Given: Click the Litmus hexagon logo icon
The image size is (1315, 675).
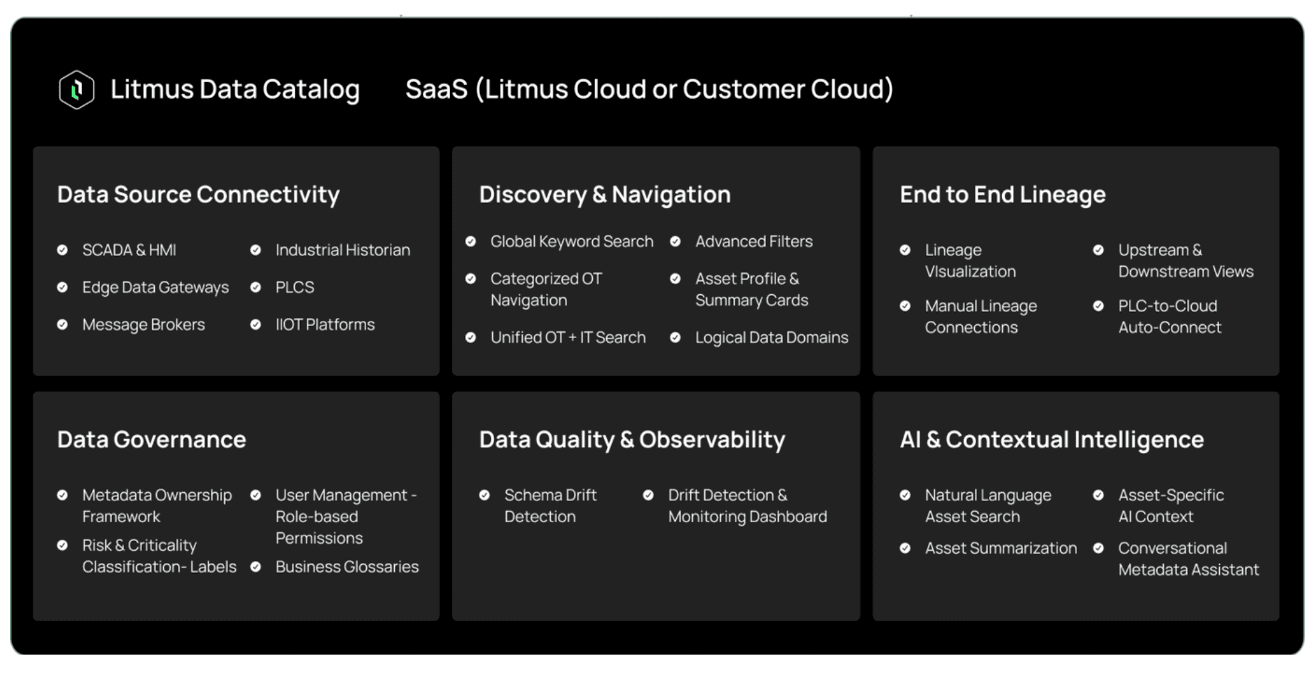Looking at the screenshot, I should [x=77, y=89].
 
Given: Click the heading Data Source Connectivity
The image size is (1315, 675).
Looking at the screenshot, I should [x=198, y=194].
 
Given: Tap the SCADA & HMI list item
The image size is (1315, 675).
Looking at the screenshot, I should [x=129, y=250].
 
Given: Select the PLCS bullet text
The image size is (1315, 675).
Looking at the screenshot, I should [x=294, y=287].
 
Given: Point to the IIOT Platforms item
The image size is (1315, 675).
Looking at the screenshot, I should [x=325, y=325].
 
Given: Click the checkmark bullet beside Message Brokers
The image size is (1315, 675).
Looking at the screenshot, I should [x=63, y=325].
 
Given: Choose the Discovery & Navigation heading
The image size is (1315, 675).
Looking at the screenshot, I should [x=604, y=194].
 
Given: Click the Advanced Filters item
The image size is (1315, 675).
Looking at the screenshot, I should [x=754, y=241].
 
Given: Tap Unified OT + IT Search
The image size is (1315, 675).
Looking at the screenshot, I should [x=567, y=337].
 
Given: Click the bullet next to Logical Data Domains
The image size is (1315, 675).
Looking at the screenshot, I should [x=676, y=337].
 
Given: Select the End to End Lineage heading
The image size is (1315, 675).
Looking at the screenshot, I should [x=1002, y=194].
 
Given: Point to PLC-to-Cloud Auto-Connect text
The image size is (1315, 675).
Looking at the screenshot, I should [x=1169, y=317].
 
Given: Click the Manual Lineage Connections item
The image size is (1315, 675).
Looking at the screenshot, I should [x=980, y=317].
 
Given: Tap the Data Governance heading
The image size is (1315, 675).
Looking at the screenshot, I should [x=151, y=440].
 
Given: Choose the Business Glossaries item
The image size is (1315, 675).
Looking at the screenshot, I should [x=347, y=567].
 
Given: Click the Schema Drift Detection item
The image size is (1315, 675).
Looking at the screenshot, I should [x=549, y=506].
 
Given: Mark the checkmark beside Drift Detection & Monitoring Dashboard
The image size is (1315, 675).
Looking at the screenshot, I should [x=648, y=495].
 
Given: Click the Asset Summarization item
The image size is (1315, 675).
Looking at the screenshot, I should [x=1000, y=548].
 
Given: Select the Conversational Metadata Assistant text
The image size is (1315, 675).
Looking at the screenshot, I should [x=1188, y=559].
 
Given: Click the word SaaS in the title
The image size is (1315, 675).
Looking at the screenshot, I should [x=436, y=89].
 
